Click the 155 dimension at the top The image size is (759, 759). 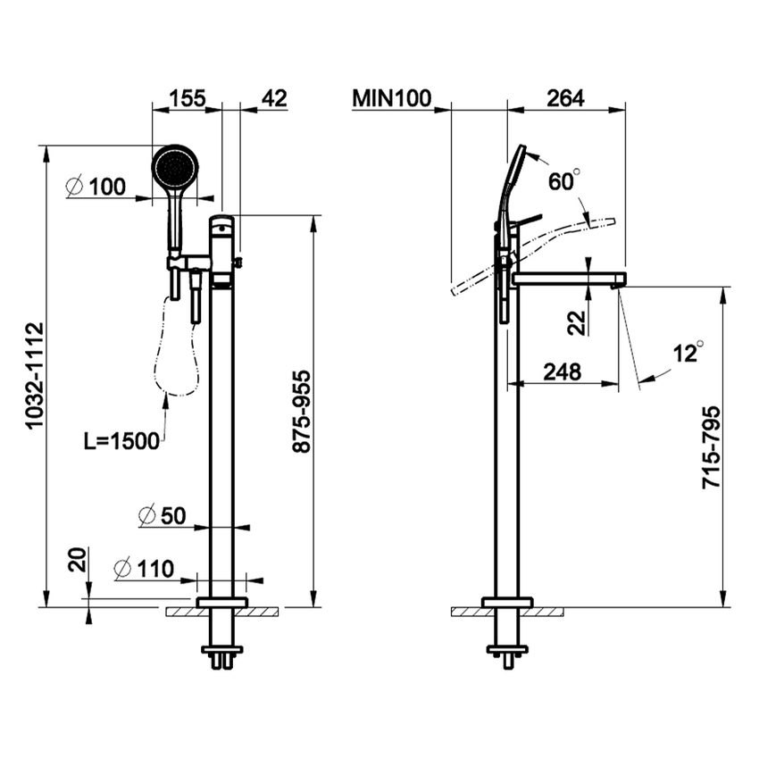(187, 98)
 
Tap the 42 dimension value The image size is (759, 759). (275, 98)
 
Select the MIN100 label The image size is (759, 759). (391, 98)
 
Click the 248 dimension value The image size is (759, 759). (562, 371)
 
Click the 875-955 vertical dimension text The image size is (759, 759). (303, 411)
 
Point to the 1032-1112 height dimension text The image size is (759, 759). (34, 376)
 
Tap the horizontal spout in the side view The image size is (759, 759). (568, 279)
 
